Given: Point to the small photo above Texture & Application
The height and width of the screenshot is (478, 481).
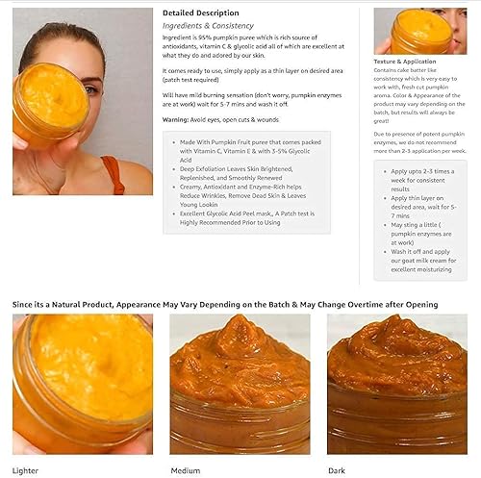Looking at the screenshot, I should [414, 31].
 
